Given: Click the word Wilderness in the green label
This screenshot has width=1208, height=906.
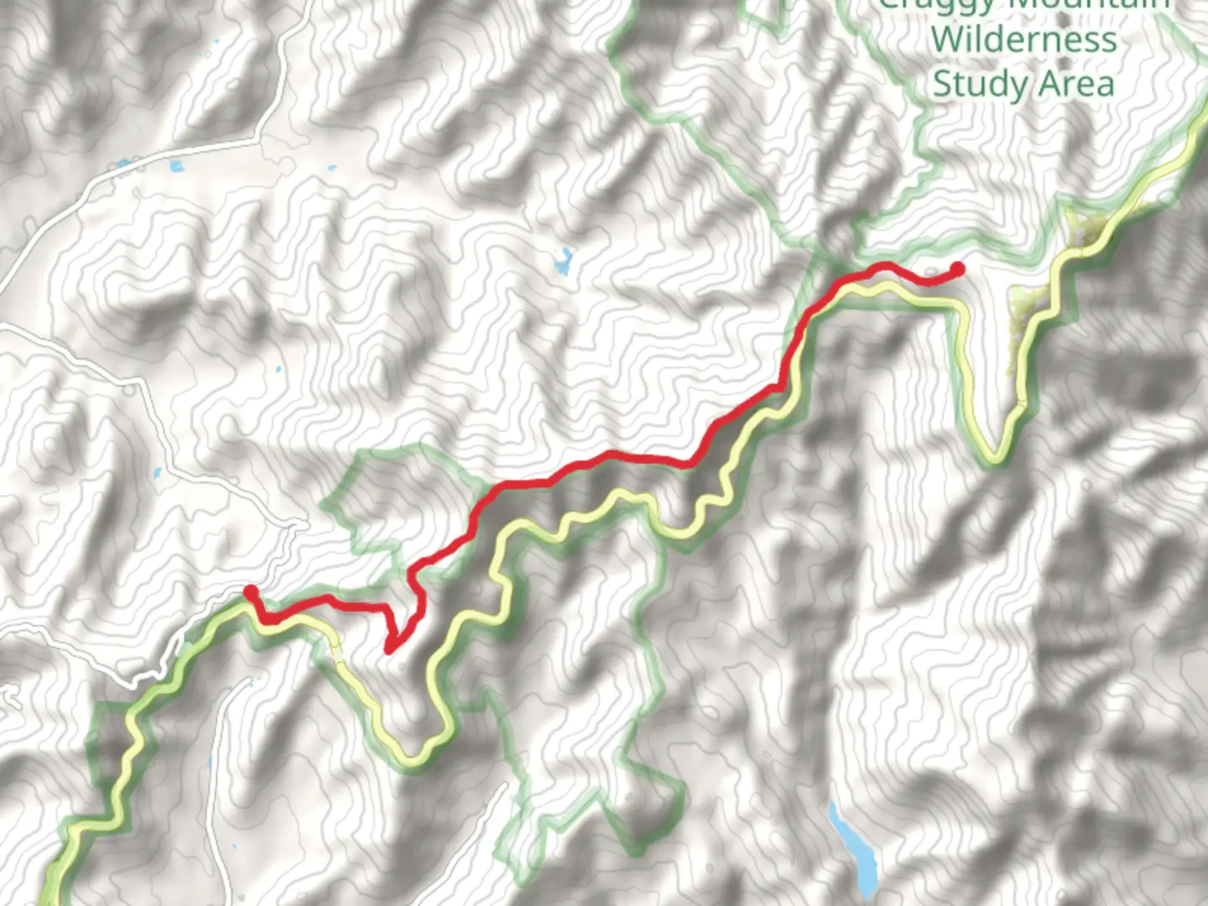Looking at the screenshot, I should coord(1023,39).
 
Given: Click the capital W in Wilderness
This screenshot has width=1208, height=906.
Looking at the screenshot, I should coord(949,39).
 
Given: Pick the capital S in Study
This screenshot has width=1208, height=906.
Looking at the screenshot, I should coord(943,84).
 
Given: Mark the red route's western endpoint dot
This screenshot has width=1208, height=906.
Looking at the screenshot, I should coord(250,593).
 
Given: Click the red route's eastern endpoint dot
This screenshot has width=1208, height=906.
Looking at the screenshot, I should coord(956,269).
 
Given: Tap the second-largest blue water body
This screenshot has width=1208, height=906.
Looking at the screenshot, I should coord(563,263).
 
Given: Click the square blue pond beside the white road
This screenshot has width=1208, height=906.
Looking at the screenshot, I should coord(176,165).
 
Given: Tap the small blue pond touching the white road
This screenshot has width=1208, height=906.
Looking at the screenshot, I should coord(123,163).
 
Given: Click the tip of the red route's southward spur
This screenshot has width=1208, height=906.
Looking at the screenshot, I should coord(388,648).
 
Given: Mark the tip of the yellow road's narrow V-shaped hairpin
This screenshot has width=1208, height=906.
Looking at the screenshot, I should coord(995,458).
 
